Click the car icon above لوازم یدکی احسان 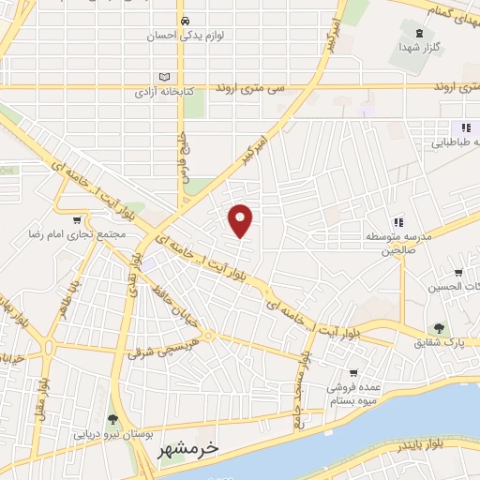click(186, 21)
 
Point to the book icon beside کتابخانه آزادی click(165, 77)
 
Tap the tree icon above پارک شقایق click(438, 328)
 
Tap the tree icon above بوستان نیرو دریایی click(112, 419)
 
